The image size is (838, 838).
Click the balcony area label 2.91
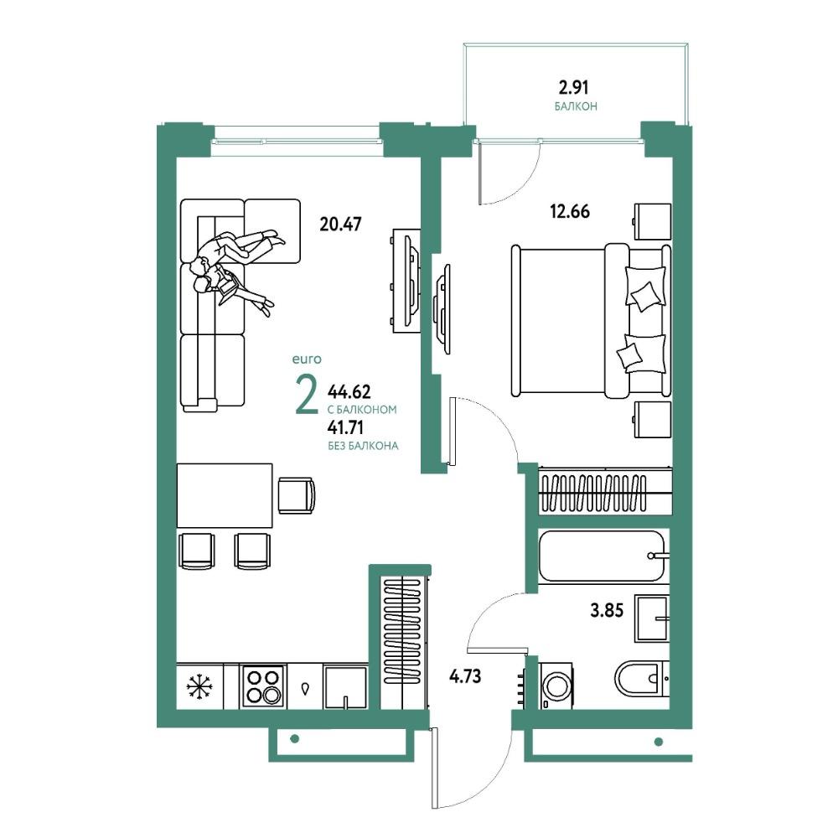pyautogui.click(x=573, y=86)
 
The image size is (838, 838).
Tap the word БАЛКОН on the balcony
pyautogui.click(x=576, y=106)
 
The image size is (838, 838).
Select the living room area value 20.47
pyautogui.click(x=340, y=224)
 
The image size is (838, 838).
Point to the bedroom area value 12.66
pyautogui.click(x=570, y=212)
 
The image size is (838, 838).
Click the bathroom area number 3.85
pyautogui.click(x=607, y=610)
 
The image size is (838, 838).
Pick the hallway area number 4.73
pyautogui.click(x=465, y=676)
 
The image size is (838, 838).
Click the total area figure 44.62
pyautogui.click(x=349, y=392)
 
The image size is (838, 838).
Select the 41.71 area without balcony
pyautogui.click(x=345, y=427)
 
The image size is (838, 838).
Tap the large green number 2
pyautogui.click(x=307, y=396)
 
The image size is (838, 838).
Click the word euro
pyautogui.click(x=307, y=360)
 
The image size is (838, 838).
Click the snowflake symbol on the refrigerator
pyautogui.click(x=199, y=686)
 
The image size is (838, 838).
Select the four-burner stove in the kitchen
pyautogui.click(x=263, y=686)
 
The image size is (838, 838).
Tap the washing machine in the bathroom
pyautogui.click(x=556, y=685)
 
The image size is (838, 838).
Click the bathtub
pyautogui.click(x=603, y=556)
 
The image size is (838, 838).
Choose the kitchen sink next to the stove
pyautogui.click(x=345, y=687)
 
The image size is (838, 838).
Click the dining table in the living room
pyautogui.click(x=225, y=495)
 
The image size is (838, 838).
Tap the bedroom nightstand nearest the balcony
pyautogui.click(x=652, y=221)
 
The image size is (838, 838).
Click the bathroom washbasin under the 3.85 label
pyautogui.click(x=651, y=618)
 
